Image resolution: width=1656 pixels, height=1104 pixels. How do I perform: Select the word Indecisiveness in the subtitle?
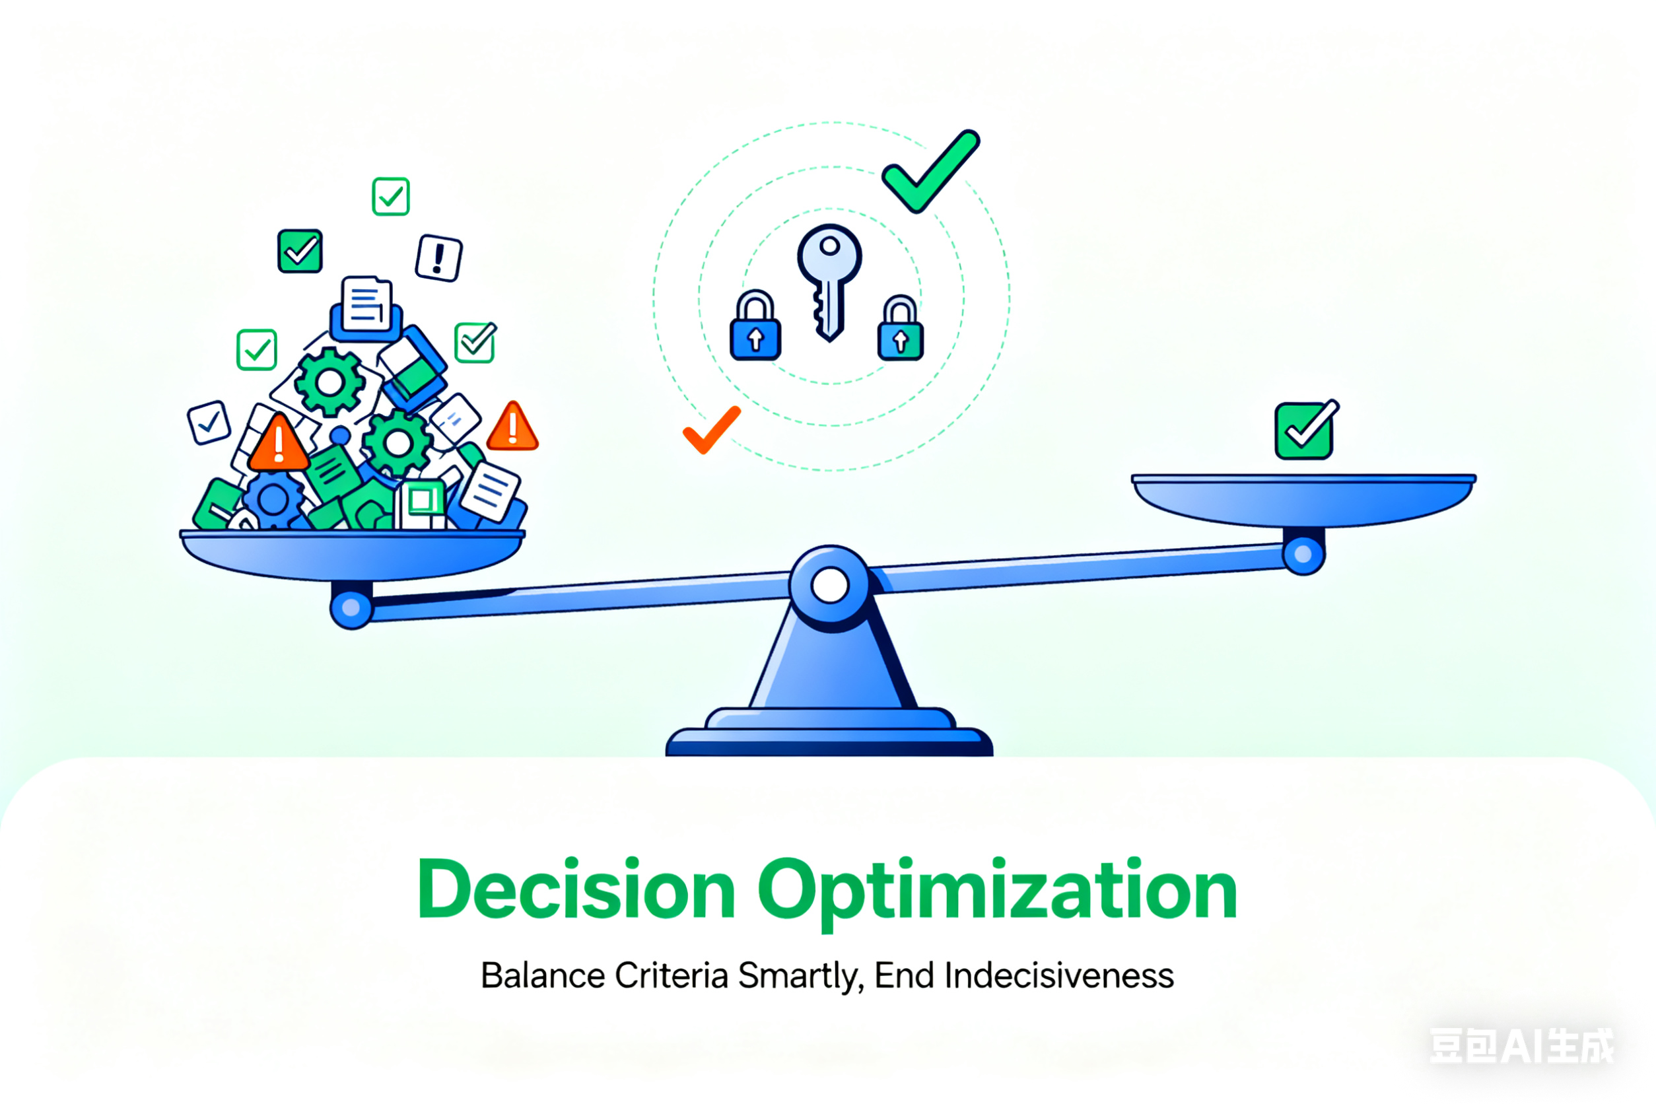click(1059, 976)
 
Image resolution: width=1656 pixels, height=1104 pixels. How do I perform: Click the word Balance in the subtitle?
click(543, 976)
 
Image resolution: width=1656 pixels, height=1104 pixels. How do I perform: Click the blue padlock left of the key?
click(755, 326)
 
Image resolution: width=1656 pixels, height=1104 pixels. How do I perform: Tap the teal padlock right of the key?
click(901, 328)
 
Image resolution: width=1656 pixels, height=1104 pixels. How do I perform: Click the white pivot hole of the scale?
click(830, 586)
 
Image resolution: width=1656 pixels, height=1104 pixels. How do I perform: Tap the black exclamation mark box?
click(438, 258)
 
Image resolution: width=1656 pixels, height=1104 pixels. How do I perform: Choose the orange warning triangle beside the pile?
click(512, 427)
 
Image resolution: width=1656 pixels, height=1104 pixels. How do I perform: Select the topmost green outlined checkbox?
click(391, 197)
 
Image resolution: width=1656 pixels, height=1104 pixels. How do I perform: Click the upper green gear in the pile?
click(329, 382)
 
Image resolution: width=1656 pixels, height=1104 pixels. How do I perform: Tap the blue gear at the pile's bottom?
click(273, 500)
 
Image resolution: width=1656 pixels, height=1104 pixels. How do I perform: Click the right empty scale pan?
click(1303, 500)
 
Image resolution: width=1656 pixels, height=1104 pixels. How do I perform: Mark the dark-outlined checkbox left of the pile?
click(209, 423)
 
